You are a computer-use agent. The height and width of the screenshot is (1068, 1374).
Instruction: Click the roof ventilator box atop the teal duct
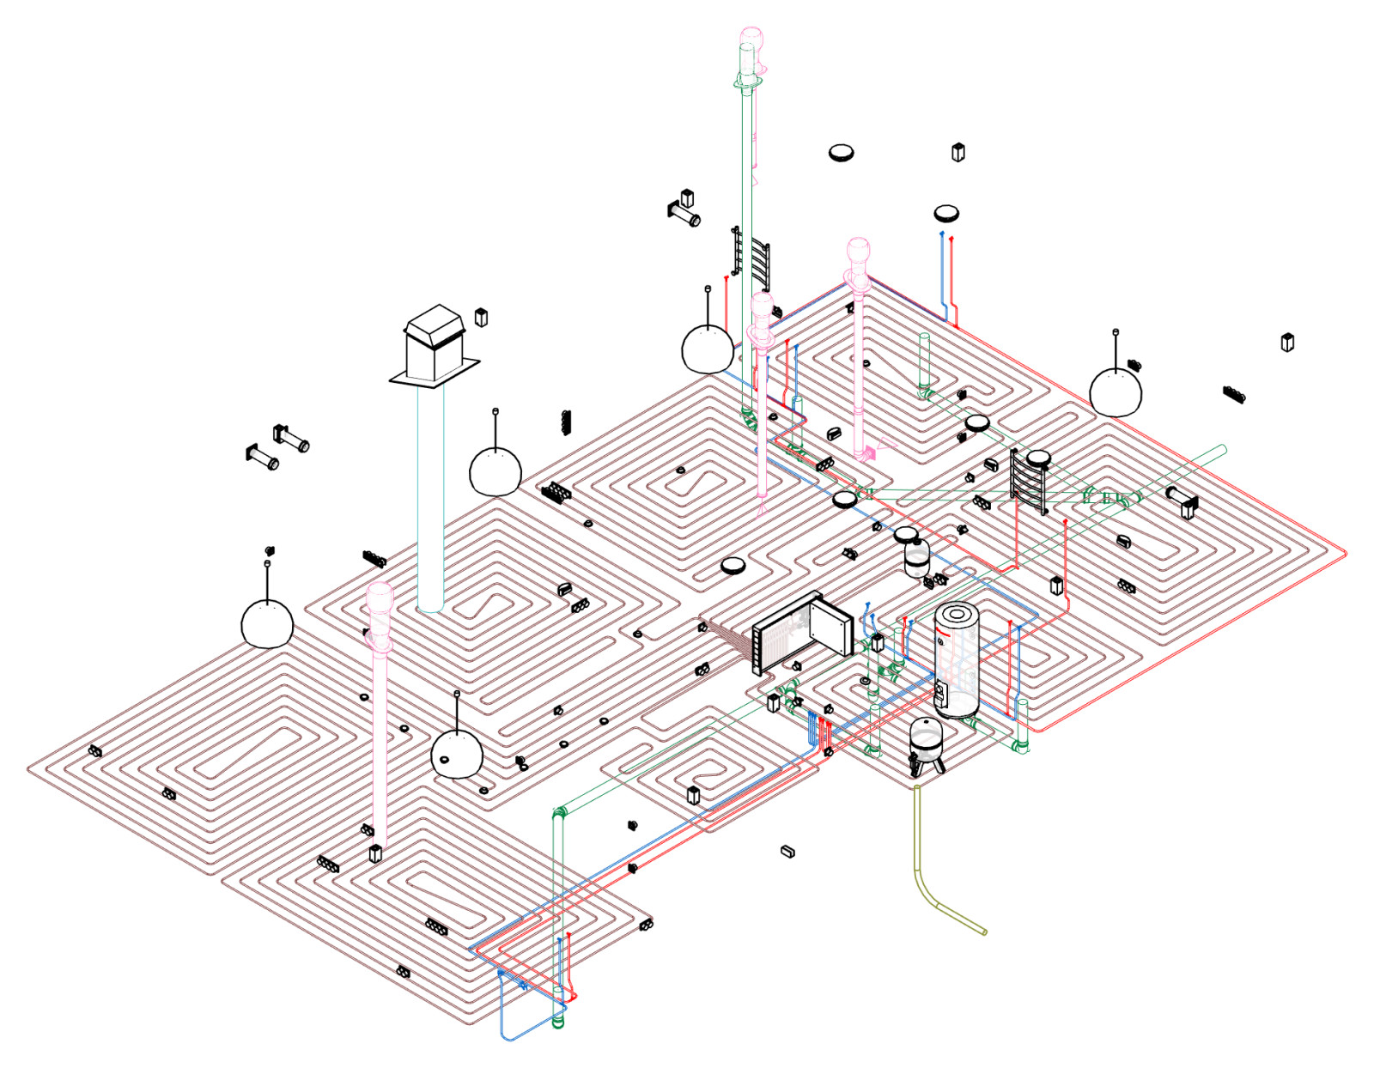(x=436, y=343)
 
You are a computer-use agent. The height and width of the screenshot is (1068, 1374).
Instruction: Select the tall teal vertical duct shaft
(x=430, y=498)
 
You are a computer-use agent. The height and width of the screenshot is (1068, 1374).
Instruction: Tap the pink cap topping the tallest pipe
(x=751, y=39)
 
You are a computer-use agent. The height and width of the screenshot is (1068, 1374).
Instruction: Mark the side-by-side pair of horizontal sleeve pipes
(x=277, y=446)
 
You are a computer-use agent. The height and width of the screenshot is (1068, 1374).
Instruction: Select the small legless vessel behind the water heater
(x=917, y=556)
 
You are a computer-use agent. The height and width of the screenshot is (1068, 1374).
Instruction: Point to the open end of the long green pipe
(x=1222, y=450)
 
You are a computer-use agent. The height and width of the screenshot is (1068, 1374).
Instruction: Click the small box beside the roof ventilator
(x=482, y=317)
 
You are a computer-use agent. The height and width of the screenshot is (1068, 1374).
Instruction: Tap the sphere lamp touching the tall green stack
(x=708, y=348)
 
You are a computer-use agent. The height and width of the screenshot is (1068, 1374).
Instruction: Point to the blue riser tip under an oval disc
(x=942, y=233)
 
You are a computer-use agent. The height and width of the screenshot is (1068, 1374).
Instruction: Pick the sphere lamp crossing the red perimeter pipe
(x=1116, y=390)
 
